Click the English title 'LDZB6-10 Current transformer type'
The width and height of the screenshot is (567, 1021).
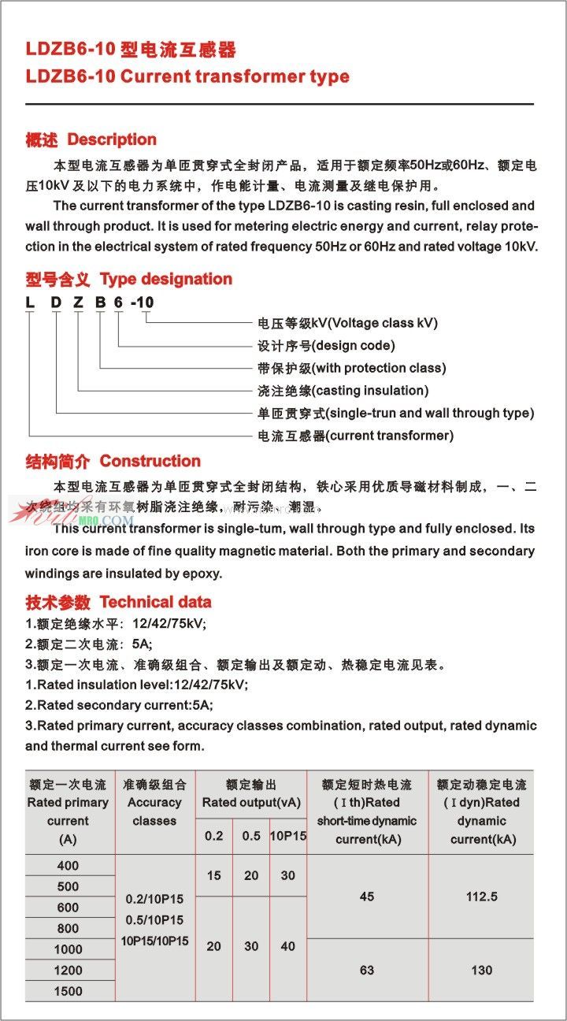pos(187,76)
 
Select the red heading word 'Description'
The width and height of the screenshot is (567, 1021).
pos(112,139)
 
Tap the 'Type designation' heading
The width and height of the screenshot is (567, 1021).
pos(166,279)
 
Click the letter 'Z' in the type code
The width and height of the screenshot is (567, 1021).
pos(78,302)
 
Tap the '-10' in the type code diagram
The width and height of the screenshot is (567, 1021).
pos(143,302)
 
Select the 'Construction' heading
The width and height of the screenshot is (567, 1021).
pos(150,461)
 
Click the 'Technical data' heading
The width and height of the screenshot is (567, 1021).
pos(155,602)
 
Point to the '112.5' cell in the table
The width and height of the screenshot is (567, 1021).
pos(482,897)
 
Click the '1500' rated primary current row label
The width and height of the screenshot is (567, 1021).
pos(69,990)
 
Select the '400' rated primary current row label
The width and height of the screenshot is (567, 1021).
pos(69,866)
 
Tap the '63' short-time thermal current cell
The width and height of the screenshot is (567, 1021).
pos(367,970)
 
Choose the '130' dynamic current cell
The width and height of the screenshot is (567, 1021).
pos(482,970)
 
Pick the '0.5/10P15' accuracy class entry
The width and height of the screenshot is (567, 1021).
pos(154,919)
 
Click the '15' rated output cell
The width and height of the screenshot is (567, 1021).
pos(213,875)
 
